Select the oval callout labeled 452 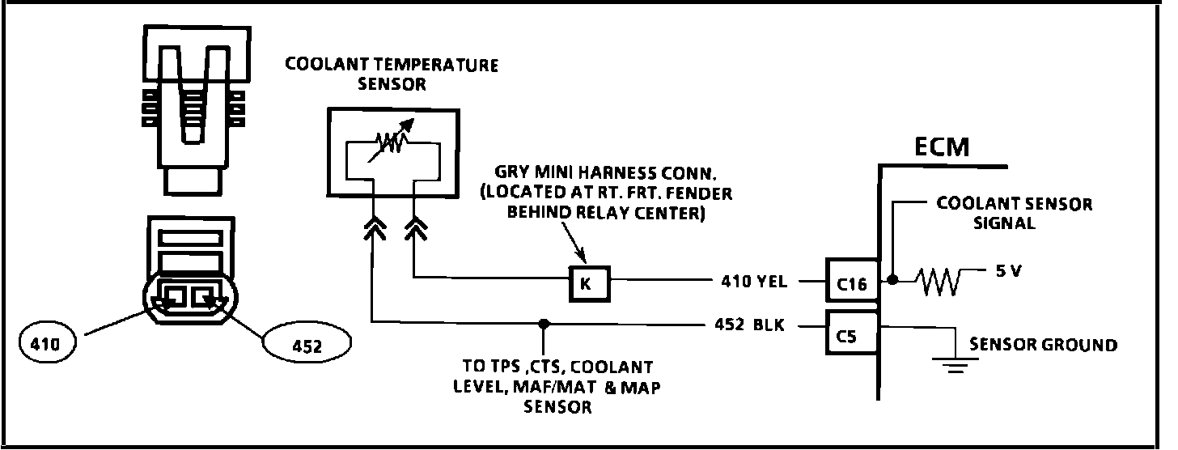click(307, 346)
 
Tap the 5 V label click(1005, 272)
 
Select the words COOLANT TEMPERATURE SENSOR click(391, 74)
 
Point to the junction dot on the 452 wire click(544, 324)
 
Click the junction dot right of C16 click(892, 281)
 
